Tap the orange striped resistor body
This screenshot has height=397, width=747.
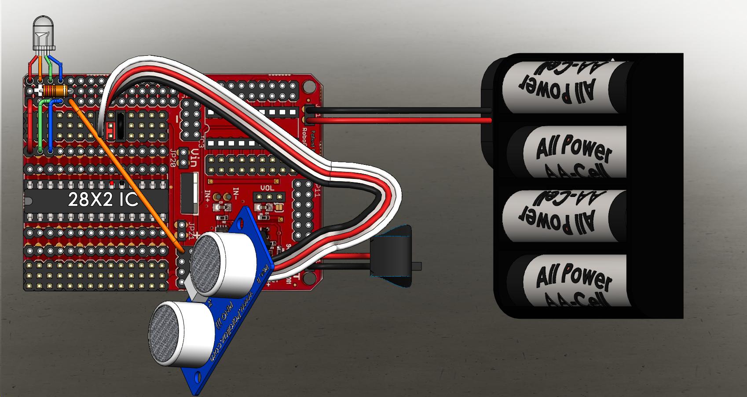click(55, 91)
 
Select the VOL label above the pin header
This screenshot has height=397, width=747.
click(267, 188)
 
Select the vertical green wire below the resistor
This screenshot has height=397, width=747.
click(40, 127)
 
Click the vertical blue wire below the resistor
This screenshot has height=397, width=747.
click(50, 127)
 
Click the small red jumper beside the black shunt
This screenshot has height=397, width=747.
click(110, 130)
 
